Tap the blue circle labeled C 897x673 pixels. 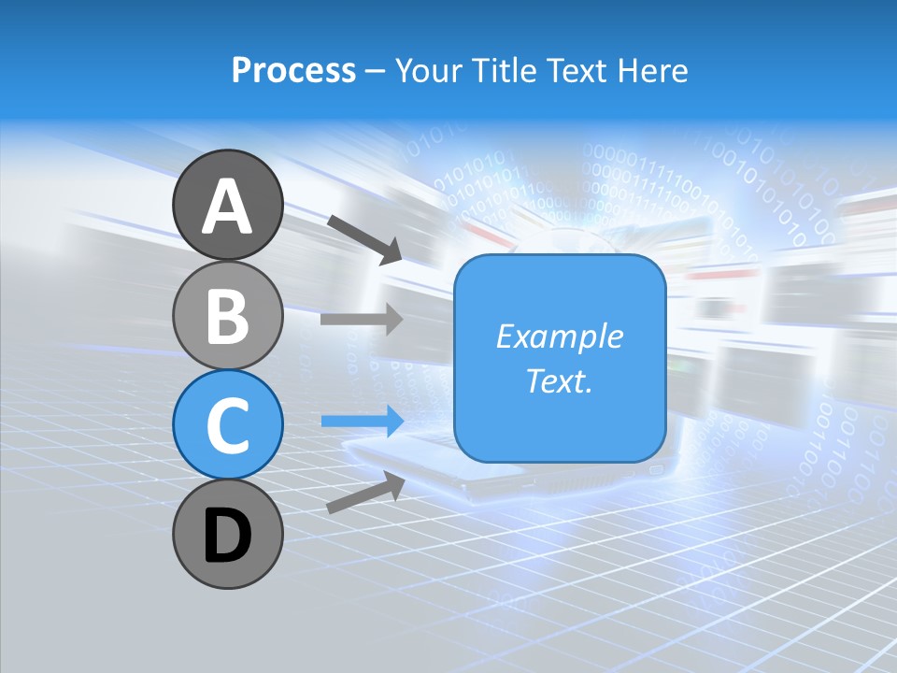228,426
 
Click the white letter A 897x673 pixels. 228,206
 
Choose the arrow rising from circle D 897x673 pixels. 365,493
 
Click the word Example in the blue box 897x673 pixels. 560,336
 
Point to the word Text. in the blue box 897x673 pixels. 560,381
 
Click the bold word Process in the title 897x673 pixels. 293,71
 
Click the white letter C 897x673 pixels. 228,424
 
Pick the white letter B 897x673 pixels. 228,316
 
